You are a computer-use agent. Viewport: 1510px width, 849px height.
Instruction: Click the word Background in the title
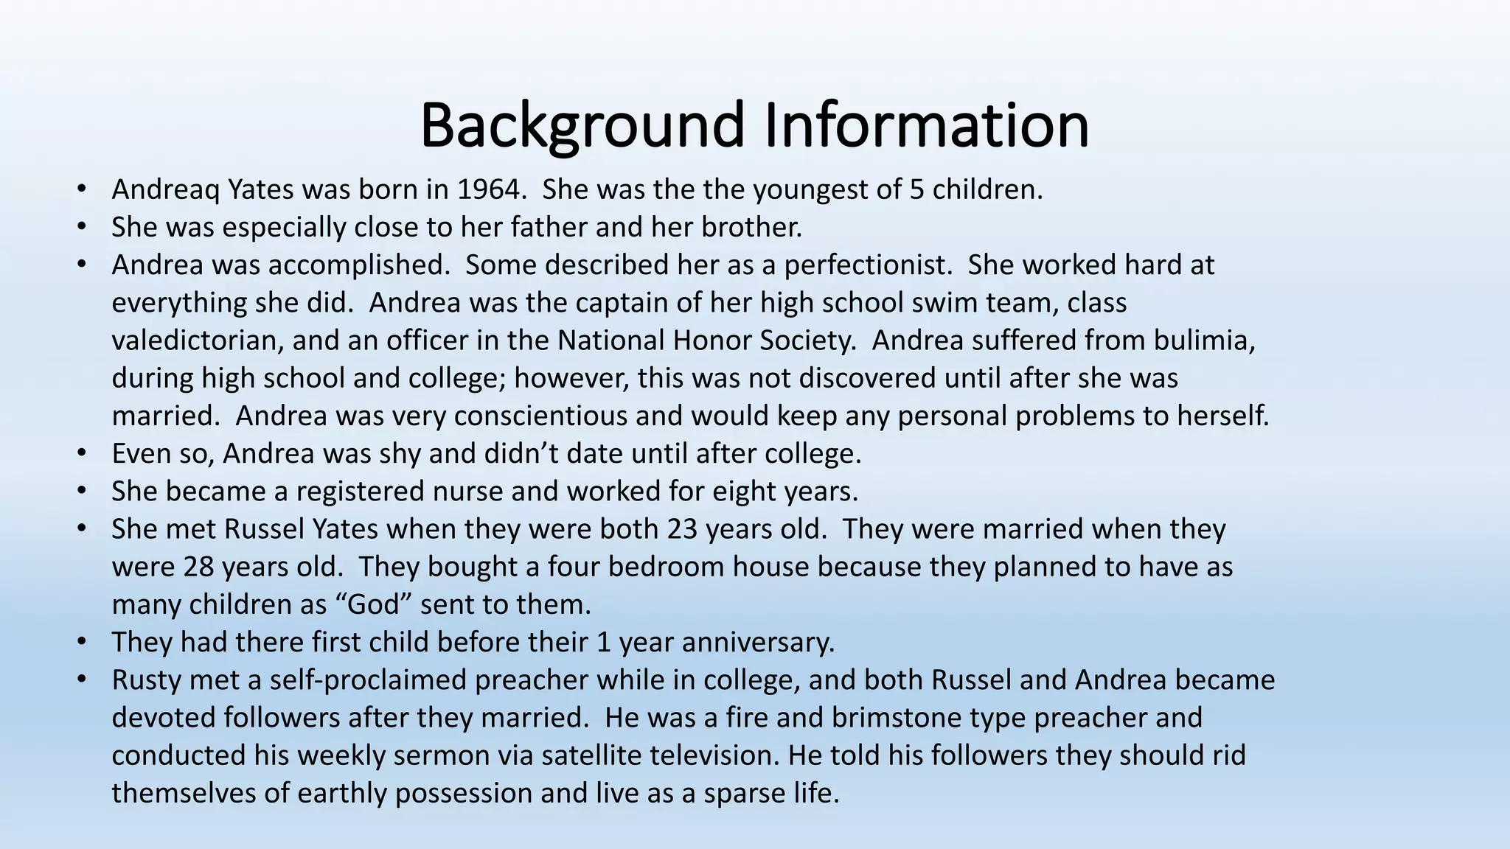pyautogui.click(x=582, y=125)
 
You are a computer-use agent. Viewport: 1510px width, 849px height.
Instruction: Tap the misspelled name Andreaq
pyautogui.click(x=165, y=190)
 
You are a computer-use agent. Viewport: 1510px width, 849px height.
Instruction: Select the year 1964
pyautogui.click(x=487, y=190)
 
